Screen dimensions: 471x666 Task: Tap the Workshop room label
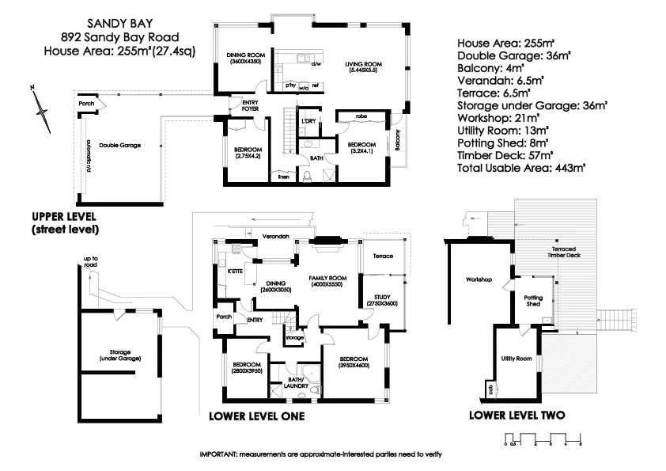click(x=479, y=280)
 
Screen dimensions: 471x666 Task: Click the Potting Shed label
click(x=533, y=300)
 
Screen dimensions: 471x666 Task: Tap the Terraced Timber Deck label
click(x=569, y=254)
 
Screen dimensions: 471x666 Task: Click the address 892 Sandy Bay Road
click(x=120, y=36)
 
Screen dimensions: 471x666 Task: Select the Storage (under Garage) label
click(x=120, y=355)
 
